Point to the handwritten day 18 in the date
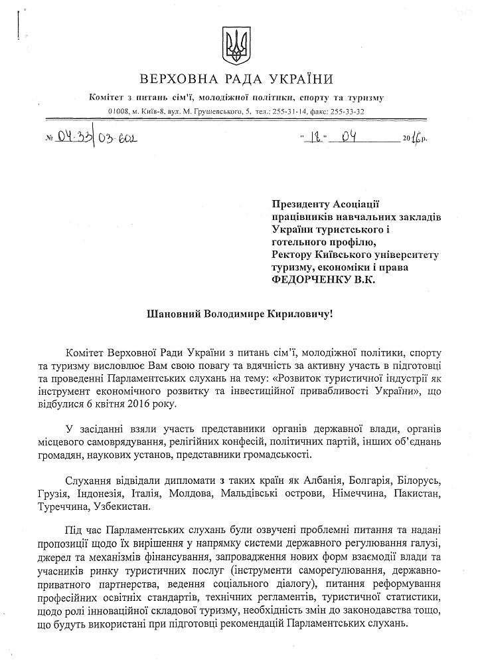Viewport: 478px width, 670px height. tap(311, 138)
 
